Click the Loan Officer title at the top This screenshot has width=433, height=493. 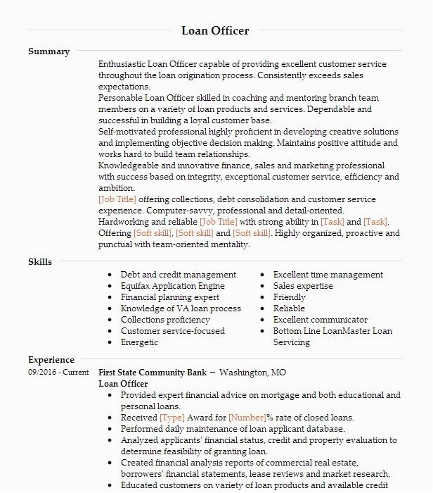(215, 30)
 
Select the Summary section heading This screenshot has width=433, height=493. (49, 51)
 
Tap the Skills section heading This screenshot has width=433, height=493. (40, 262)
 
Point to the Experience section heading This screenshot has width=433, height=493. (51, 360)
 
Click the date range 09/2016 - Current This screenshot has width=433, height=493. (58, 373)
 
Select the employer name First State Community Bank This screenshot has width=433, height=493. (152, 373)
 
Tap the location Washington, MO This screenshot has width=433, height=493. (253, 373)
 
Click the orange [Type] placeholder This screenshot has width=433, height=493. (172, 418)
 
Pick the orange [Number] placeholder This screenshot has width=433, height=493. (247, 418)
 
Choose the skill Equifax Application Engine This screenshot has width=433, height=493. (173, 286)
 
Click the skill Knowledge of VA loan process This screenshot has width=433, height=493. (181, 308)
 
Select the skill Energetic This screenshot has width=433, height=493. (140, 342)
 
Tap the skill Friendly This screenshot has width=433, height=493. (290, 297)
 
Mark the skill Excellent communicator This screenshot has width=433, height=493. (321, 320)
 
